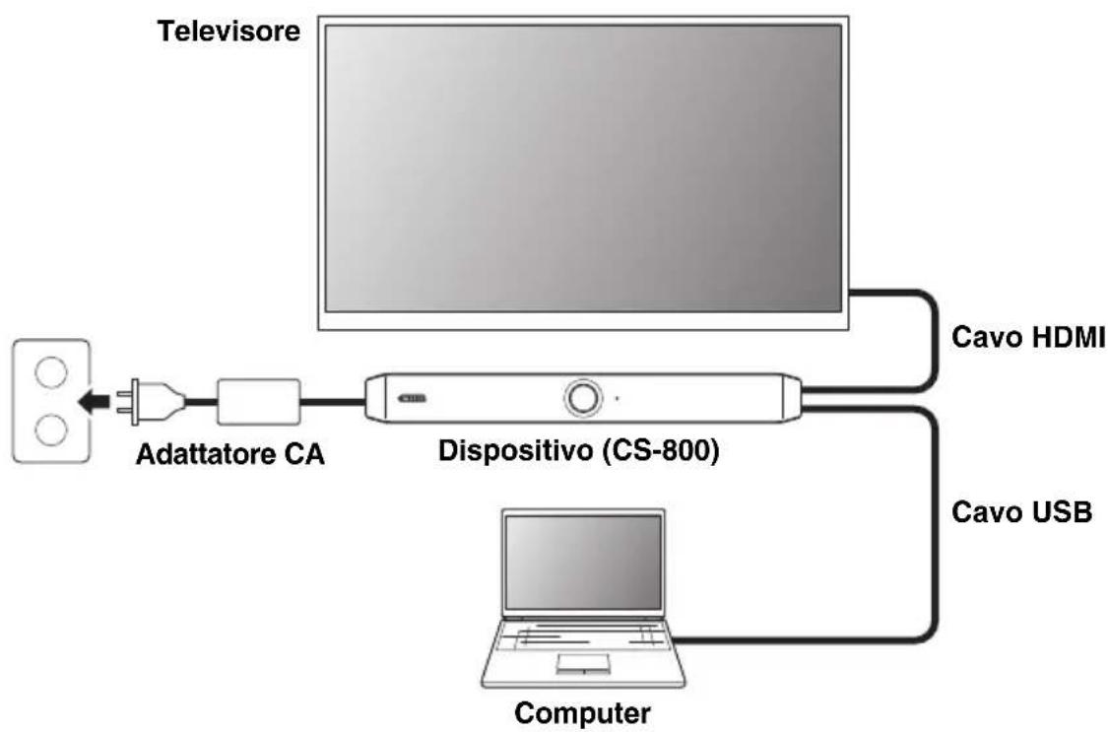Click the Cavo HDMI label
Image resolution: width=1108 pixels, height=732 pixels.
(1026, 338)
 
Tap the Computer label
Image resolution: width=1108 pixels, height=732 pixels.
(582, 711)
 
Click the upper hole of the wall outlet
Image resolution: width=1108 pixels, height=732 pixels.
(50, 372)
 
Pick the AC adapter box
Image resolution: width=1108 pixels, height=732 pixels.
(258, 400)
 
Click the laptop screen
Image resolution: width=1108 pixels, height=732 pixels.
(582, 561)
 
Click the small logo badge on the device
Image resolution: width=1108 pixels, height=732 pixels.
(414, 399)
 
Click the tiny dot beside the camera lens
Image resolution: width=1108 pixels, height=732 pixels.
(618, 399)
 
